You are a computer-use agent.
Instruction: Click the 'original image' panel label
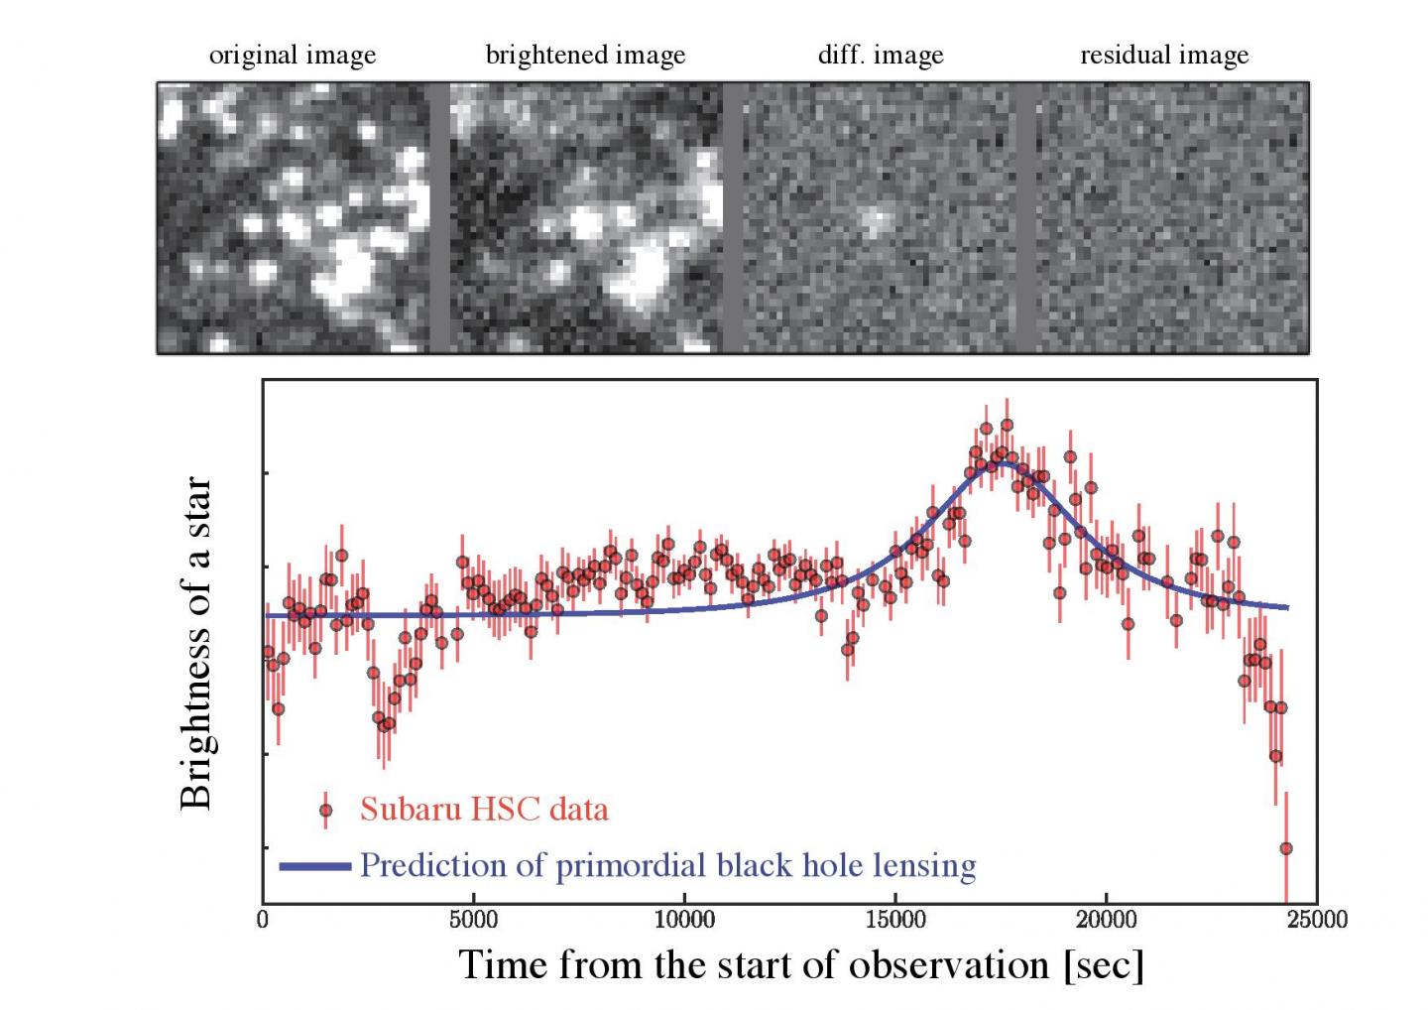click(x=293, y=56)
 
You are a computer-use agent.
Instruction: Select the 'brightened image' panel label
click(x=585, y=56)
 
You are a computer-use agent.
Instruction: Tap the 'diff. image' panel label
click(x=880, y=56)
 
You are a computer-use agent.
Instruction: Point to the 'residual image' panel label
click(x=1164, y=56)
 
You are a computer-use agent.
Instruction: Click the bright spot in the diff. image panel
click(x=874, y=221)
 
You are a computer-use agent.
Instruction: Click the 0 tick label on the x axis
click(x=263, y=920)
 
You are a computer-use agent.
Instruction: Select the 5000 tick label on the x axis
click(x=473, y=920)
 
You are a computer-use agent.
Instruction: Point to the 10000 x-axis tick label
click(x=684, y=920)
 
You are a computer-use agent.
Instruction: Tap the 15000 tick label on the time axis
click(x=895, y=920)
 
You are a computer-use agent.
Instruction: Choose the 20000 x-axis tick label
click(x=1107, y=920)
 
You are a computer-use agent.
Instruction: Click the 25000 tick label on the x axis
click(x=1317, y=920)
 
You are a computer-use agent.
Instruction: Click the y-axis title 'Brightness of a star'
click(x=196, y=643)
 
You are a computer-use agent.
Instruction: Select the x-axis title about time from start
click(x=801, y=963)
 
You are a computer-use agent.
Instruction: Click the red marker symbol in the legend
click(x=325, y=811)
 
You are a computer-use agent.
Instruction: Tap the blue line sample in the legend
click(x=315, y=866)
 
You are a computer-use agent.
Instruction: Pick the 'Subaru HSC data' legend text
click(x=484, y=810)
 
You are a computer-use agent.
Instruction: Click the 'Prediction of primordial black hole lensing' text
click(x=667, y=865)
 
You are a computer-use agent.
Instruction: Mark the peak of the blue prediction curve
click(x=1004, y=462)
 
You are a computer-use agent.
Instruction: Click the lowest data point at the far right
click(x=1286, y=848)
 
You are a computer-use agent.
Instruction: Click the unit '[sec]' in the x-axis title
click(x=1103, y=964)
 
